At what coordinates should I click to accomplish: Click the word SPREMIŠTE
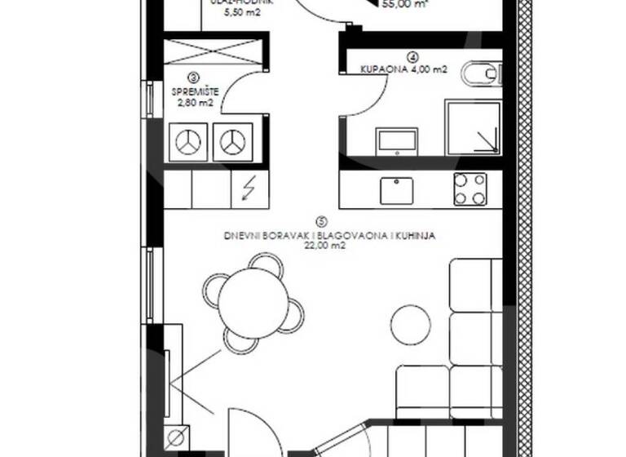(x=194, y=91)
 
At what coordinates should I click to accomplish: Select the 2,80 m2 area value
(x=194, y=103)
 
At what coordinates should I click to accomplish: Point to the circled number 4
(x=414, y=57)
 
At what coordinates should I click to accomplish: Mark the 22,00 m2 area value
(x=320, y=244)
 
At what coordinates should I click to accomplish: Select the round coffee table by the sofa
(x=411, y=323)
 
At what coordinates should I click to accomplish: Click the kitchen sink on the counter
(x=397, y=189)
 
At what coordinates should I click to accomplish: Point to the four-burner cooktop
(x=470, y=189)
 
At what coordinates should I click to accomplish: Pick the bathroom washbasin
(x=396, y=140)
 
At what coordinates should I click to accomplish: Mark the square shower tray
(x=473, y=127)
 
